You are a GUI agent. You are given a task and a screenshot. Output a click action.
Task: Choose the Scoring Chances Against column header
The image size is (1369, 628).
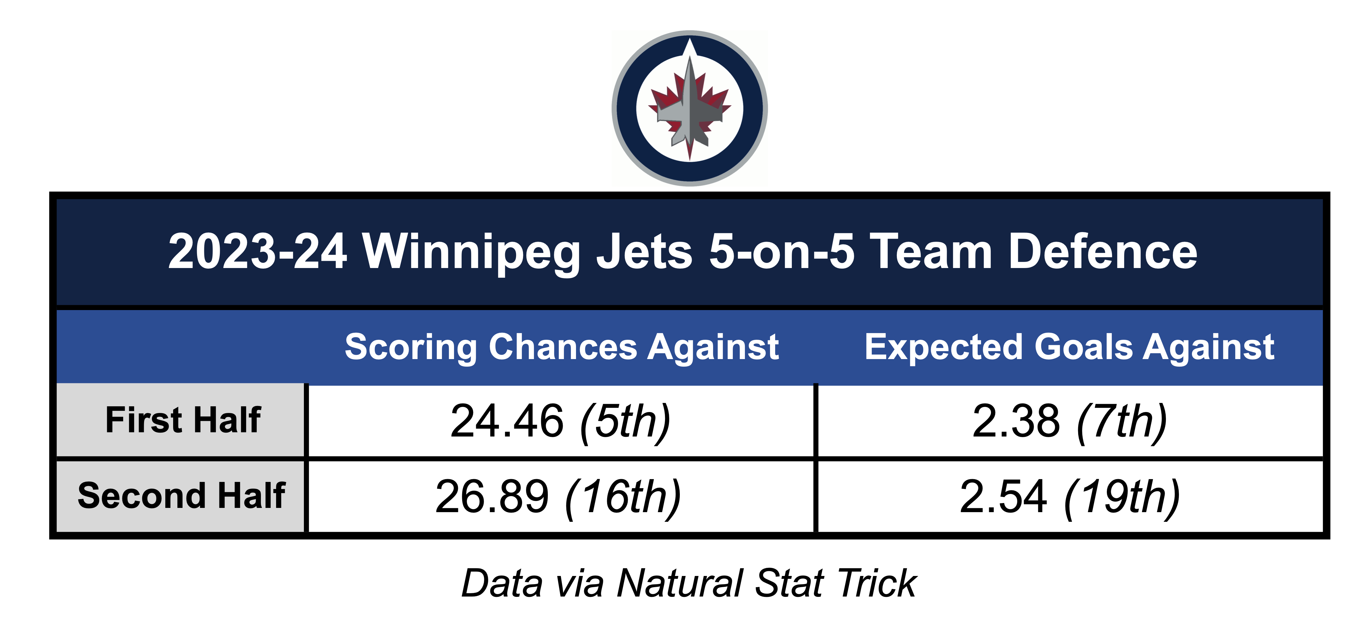[x=562, y=348]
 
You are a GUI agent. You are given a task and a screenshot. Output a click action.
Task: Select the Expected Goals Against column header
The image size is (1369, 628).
[x=1069, y=348]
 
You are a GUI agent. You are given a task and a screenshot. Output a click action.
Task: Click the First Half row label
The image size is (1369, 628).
[x=183, y=420]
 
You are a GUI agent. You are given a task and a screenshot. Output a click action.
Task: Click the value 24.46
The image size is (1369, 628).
[x=506, y=421]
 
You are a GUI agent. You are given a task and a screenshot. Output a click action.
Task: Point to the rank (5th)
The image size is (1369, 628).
[x=626, y=422]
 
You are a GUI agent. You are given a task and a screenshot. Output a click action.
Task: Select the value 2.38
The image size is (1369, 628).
[x=1015, y=421]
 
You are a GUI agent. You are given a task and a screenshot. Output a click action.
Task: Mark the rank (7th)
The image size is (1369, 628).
[x=1122, y=422]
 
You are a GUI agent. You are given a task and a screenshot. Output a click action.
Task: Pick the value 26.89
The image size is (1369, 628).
[x=492, y=497]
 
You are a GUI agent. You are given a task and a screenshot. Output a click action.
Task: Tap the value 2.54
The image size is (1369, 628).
[x=1003, y=497]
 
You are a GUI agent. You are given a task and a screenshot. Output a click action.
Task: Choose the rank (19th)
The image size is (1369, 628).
[x=1122, y=498]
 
